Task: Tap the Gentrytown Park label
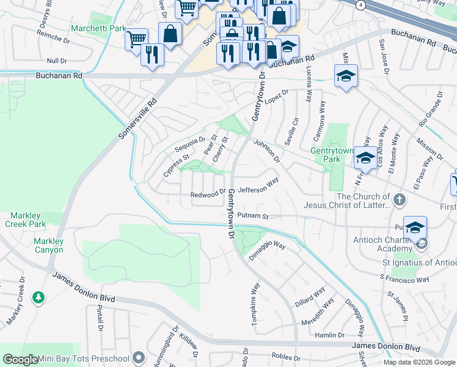pos(332,155)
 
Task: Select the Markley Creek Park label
pos(28,220)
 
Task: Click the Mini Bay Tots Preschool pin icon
pos(139,358)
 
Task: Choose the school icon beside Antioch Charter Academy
pos(415,228)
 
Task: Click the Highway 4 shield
pos(362,4)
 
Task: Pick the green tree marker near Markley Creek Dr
pos(39,297)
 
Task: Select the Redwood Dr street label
pos(208,195)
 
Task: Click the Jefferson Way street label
pos(258,189)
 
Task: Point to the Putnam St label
pos(253,216)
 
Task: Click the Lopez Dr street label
pos(276,95)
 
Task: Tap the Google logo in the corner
pos(21,360)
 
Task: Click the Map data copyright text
pos(419,362)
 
